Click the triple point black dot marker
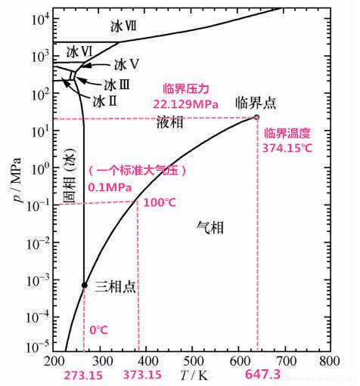84,285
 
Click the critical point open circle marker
256,116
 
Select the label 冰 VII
123,25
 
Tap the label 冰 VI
79,52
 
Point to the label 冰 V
127,65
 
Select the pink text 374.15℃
287,148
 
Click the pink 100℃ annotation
159,202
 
